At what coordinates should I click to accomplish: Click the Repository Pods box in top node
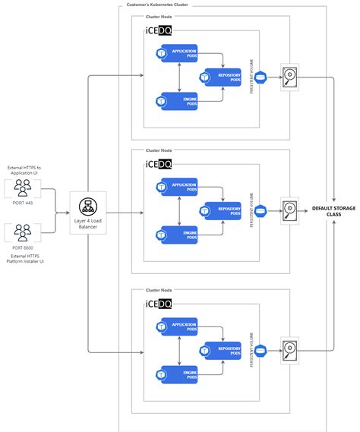tap(220, 77)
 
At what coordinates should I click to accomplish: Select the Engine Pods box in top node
tap(178, 101)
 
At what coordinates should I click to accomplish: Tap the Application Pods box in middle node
tap(178, 188)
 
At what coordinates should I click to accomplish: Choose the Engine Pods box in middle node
tap(178, 235)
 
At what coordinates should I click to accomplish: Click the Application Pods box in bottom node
tap(178, 327)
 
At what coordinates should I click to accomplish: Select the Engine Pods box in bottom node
tap(178, 374)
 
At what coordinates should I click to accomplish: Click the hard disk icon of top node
tap(290, 76)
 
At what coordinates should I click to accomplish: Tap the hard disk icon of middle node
tap(290, 210)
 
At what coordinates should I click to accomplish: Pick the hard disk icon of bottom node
tap(290, 350)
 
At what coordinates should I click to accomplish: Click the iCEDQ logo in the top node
tap(158, 30)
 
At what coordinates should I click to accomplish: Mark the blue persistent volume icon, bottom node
tap(261, 350)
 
